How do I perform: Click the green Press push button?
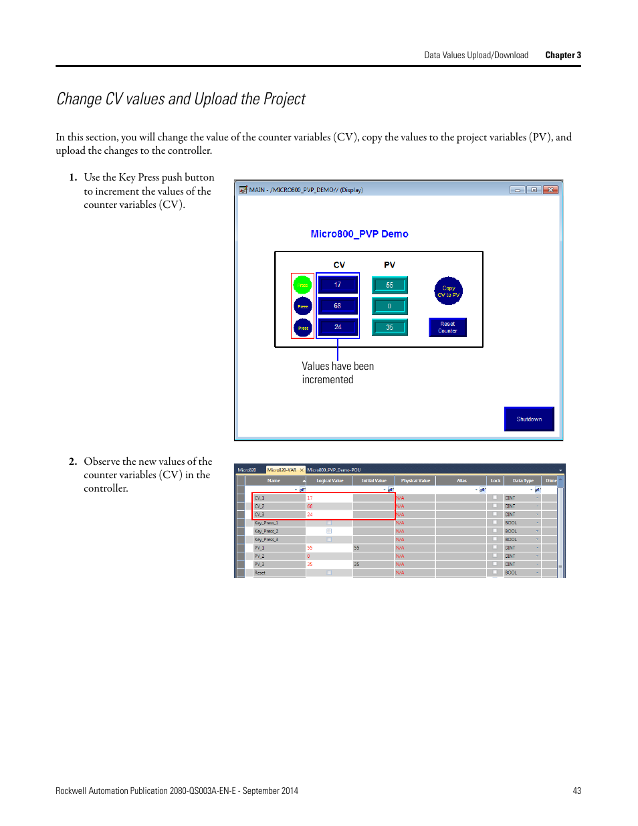coord(302,285)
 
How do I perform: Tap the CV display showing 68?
coord(338,306)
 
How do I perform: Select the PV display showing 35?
coord(389,327)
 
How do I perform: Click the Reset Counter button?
coord(447,327)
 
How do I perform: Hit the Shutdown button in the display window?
coord(529,419)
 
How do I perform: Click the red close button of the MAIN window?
coord(550,190)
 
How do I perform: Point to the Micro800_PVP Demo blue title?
coord(359,234)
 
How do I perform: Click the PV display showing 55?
coord(389,285)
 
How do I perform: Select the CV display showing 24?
coord(338,327)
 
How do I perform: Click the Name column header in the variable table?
coord(274,480)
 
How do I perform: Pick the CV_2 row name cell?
coord(259,506)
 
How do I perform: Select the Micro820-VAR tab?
coord(282,470)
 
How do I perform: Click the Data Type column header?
coord(523,480)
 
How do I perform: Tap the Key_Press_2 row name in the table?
coord(266,531)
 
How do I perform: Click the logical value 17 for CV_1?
coord(310,498)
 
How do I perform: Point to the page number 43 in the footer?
coord(576,791)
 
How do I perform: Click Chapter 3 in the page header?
coord(562,56)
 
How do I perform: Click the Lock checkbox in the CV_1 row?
coord(495,498)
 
